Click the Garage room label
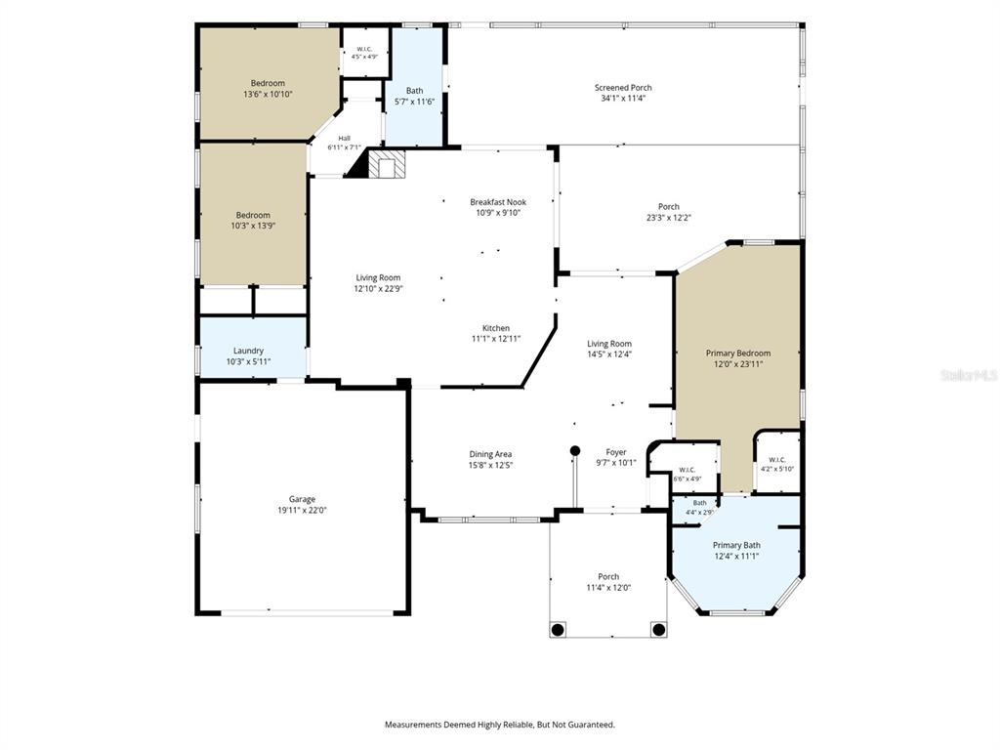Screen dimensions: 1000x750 (302, 499)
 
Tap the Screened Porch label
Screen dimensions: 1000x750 (623, 87)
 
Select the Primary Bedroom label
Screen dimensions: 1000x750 (738, 354)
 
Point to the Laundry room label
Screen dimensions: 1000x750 (248, 351)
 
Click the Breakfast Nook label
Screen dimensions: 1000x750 (498, 202)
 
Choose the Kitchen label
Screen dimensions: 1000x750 (495, 328)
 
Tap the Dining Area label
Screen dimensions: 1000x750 (490, 455)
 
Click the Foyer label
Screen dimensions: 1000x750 (616, 452)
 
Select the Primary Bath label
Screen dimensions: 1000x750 (736, 545)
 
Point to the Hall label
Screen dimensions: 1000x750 (345, 139)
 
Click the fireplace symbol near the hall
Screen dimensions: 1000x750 (387, 164)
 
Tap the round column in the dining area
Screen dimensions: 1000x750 (574, 450)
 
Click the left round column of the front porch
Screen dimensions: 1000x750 (558, 630)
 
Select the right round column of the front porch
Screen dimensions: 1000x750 (659, 630)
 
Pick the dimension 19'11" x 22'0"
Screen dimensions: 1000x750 (302, 510)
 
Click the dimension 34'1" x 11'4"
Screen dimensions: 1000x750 (623, 99)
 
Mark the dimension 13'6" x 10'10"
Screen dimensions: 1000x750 (268, 95)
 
